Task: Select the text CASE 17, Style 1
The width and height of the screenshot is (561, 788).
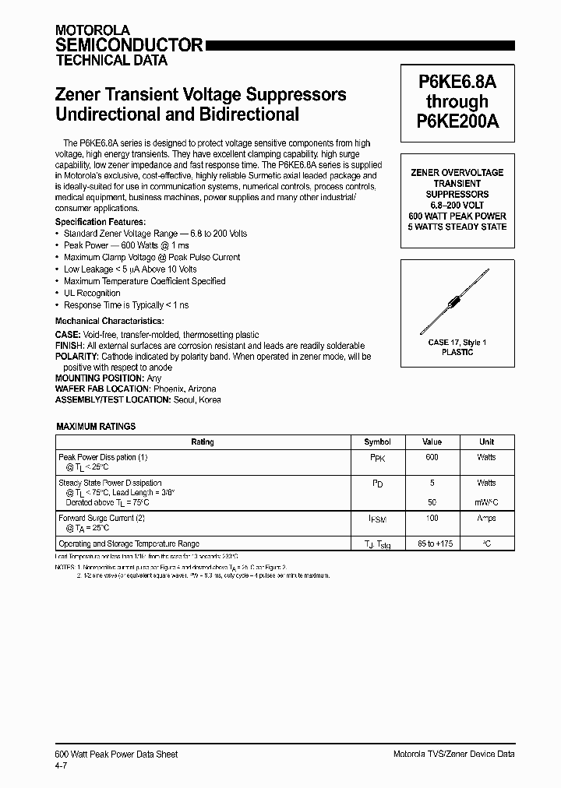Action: click(x=457, y=342)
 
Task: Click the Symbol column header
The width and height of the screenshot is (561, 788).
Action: click(x=377, y=441)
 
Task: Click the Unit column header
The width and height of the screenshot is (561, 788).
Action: click(x=486, y=441)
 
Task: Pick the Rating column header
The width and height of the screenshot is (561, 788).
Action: click(x=203, y=441)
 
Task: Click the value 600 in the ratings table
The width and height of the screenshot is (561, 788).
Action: click(x=432, y=457)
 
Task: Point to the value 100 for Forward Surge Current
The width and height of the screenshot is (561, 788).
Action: click(x=432, y=518)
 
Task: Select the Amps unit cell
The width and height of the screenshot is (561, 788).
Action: click(x=486, y=518)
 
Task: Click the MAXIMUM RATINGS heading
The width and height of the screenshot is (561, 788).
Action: click(x=96, y=427)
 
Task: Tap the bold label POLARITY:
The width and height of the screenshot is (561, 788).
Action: click(x=77, y=357)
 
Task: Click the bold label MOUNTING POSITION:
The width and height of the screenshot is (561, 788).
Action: click(x=99, y=378)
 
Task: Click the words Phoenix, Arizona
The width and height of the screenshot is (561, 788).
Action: click(x=185, y=389)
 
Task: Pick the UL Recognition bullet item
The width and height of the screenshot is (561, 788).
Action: click(x=92, y=294)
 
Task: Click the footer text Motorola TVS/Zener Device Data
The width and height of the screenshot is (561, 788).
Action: click(x=453, y=754)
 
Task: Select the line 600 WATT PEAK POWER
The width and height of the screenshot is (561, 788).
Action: click(x=457, y=216)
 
